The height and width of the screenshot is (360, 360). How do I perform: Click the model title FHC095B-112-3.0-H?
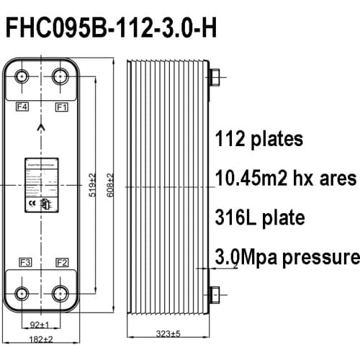pyautogui.click(x=110, y=30)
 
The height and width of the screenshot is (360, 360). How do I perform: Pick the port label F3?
pyautogui.click(x=24, y=261)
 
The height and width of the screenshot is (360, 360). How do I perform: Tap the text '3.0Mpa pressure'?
pyautogui.click(x=287, y=257)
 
